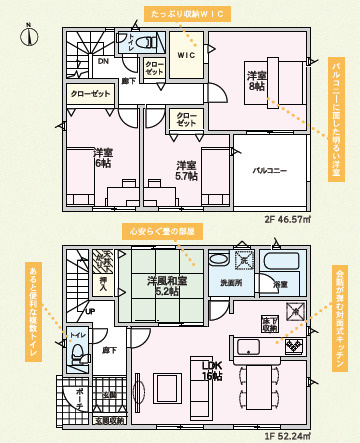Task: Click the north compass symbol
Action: tap(31, 36)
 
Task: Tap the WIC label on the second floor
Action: tap(186, 55)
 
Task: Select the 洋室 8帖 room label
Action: tap(257, 80)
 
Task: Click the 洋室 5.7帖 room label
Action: tap(185, 171)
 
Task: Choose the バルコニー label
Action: tap(269, 171)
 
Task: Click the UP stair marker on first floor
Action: tap(89, 310)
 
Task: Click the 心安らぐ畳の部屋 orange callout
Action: tap(163, 231)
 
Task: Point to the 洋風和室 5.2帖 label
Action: tap(163, 286)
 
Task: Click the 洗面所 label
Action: tap(232, 283)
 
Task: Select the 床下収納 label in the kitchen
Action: tap(270, 323)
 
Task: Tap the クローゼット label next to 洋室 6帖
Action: tap(90, 92)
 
